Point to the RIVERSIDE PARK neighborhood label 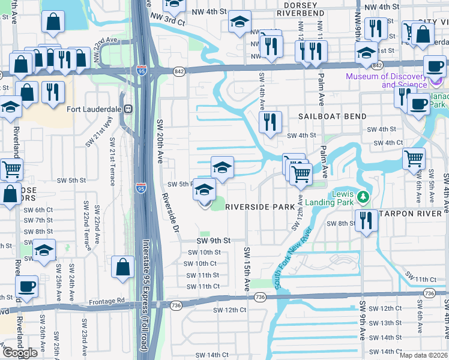[260, 207]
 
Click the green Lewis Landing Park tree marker [362, 197]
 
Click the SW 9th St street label [213, 241]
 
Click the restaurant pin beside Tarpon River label [364, 220]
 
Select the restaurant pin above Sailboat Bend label [270, 122]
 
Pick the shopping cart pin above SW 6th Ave [414, 158]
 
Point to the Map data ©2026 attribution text [424, 355]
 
